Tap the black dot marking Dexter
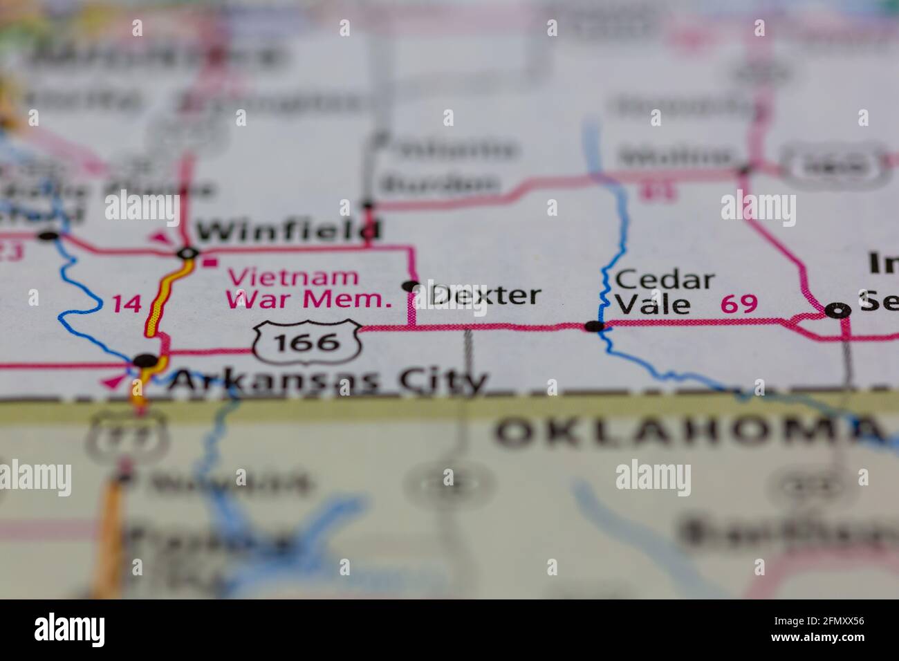411,286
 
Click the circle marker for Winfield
187,254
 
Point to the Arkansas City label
328,380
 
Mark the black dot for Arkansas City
146,360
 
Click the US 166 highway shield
307,342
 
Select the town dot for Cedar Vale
594,326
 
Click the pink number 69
739,304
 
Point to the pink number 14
127,303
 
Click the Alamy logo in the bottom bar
70,630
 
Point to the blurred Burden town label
440,184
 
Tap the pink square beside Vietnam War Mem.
208,262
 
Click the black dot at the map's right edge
839,311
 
